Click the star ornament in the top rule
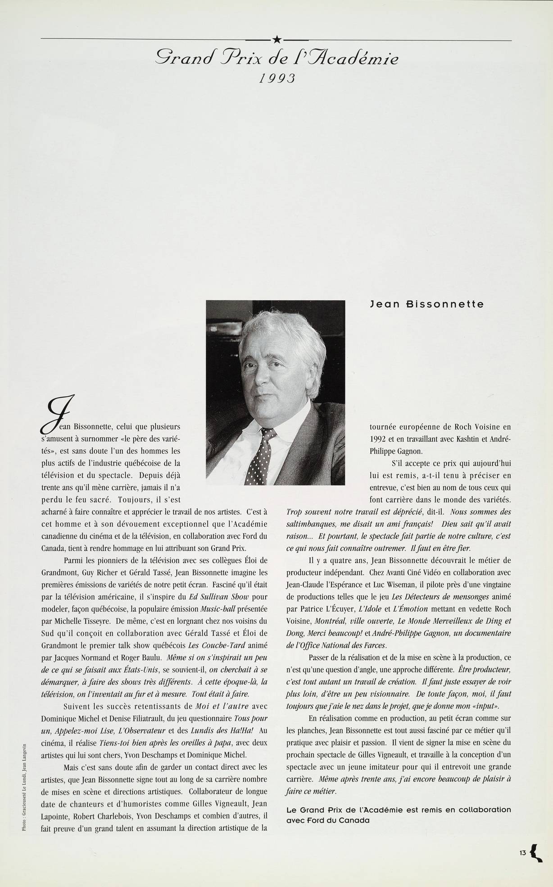click(276, 41)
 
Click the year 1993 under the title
click(276, 78)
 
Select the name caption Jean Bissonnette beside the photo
click(426, 304)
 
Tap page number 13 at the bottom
click(522, 852)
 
